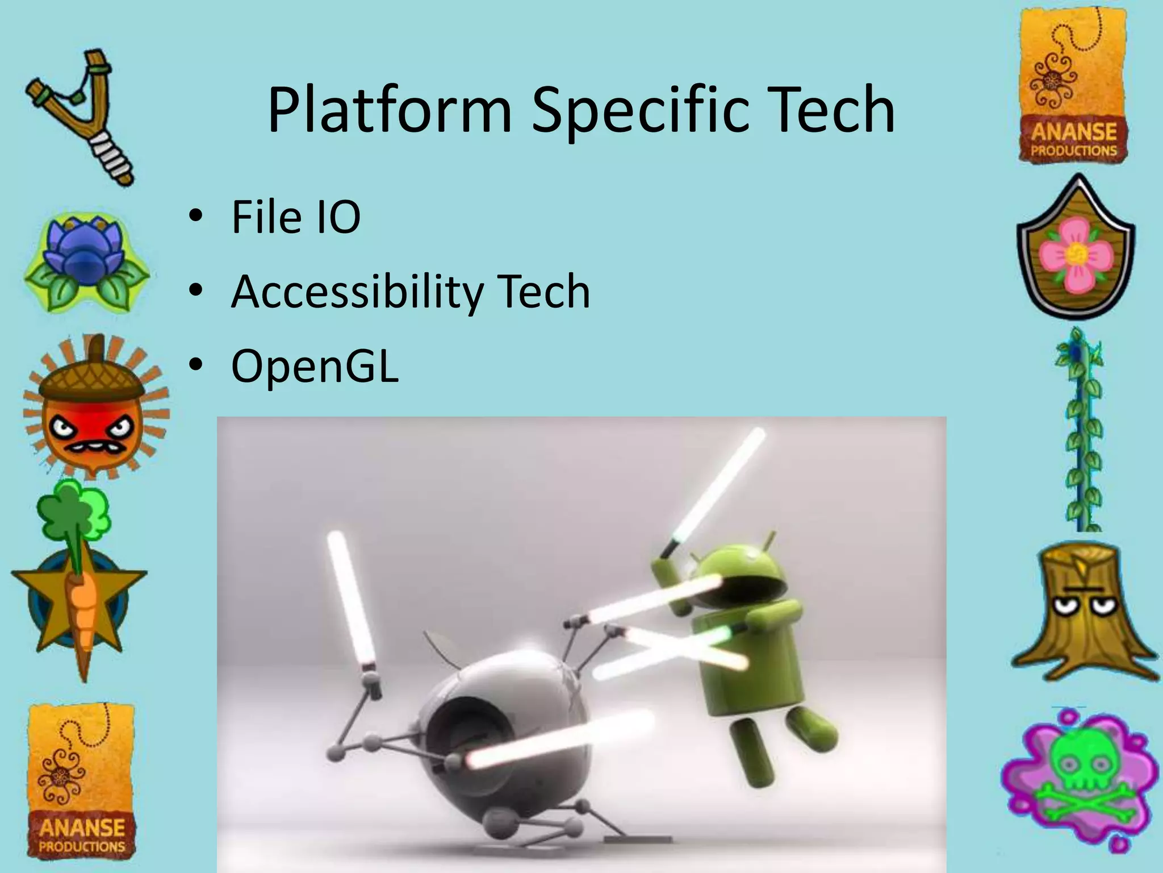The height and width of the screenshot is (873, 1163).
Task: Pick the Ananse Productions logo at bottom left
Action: click(x=81, y=781)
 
